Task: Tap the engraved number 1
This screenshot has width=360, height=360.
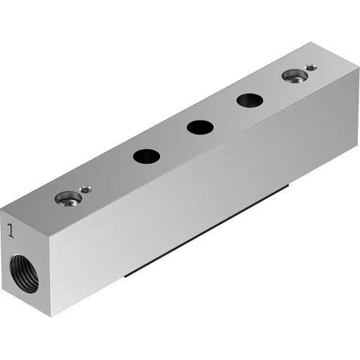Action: (x=10, y=231)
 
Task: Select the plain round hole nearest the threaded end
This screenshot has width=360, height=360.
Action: (x=145, y=156)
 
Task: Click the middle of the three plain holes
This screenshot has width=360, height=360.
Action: (x=199, y=127)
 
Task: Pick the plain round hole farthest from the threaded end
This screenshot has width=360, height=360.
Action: (x=248, y=100)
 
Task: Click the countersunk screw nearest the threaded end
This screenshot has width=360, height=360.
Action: (x=68, y=197)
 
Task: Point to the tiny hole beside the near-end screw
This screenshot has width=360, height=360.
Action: (x=85, y=190)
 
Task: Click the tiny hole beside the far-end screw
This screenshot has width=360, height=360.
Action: (x=310, y=68)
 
